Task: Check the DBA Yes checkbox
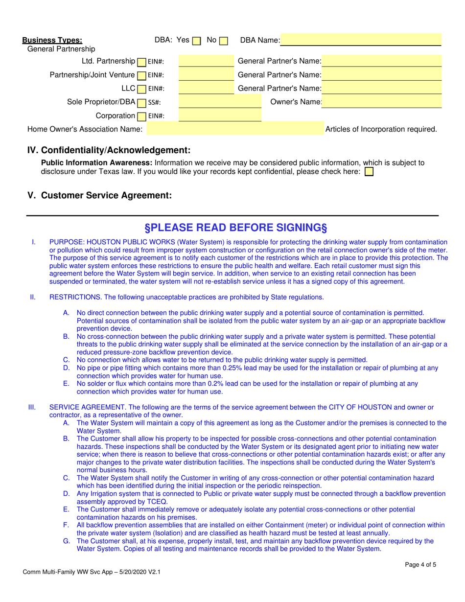[x=196, y=41]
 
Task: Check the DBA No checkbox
[x=223, y=41]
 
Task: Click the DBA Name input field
[x=361, y=40]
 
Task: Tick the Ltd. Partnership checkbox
[x=141, y=62]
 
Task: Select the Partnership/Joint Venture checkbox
[x=141, y=76]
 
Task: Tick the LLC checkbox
[x=141, y=90]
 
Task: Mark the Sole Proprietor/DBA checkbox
[x=141, y=103]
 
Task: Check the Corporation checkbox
[x=141, y=116]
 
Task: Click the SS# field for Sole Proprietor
[x=220, y=102]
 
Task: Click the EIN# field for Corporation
[x=220, y=116]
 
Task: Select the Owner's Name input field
[x=382, y=102]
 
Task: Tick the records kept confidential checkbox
[x=369, y=172]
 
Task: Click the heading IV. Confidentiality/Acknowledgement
[x=109, y=150]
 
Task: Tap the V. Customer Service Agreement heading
[x=99, y=195]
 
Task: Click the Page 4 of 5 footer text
[x=420, y=564]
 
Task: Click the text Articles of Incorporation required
[x=381, y=130]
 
